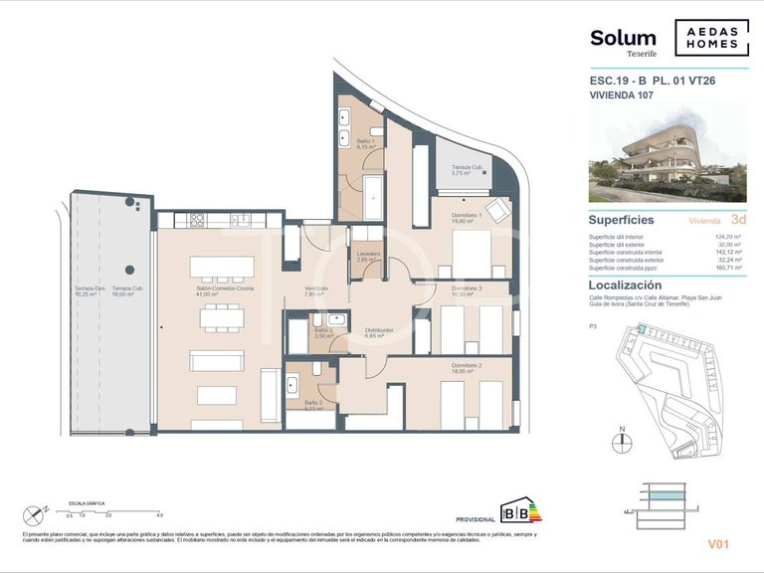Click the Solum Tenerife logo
pyautogui.click(x=623, y=41)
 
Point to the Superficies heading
pyautogui.click(x=622, y=220)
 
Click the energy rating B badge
pyautogui.click(x=518, y=514)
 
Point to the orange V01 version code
pyautogui.click(x=718, y=544)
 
